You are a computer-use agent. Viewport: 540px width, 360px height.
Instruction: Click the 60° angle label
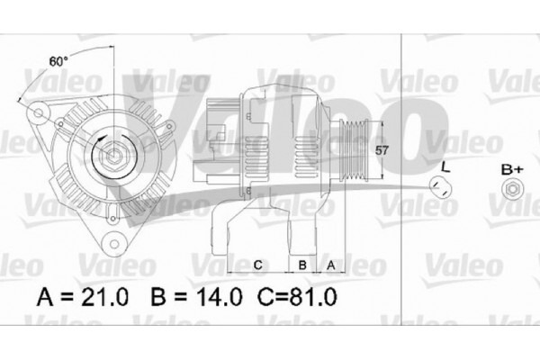pos(58,62)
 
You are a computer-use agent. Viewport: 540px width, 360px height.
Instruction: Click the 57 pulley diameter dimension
pos(382,151)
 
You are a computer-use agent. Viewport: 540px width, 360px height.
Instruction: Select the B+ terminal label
pos(511,168)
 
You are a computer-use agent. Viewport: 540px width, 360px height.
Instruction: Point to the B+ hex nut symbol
pos(511,189)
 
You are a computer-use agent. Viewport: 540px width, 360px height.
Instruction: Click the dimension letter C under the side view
pos(256,265)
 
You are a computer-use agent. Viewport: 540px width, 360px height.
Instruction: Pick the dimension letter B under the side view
pos(303,265)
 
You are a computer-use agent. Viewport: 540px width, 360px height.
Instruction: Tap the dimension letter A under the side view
pos(330,265)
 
